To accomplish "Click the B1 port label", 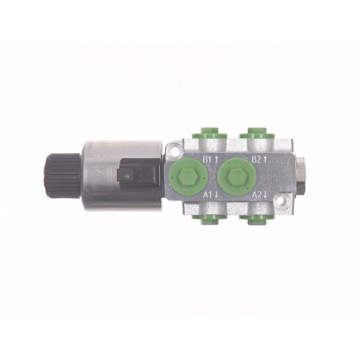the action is click(206, 159).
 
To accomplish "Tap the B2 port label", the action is click(256, 159).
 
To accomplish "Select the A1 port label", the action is click(208, 195).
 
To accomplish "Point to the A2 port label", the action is click(257, 195).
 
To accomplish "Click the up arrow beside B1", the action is click(216, 159).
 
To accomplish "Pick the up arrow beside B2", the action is click(265, 159).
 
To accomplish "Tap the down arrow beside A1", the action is click(216, 195).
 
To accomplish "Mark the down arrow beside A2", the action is click(265, 195).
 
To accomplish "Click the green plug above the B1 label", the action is click(209, 133).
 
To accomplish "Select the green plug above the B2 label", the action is click(257, 133).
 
